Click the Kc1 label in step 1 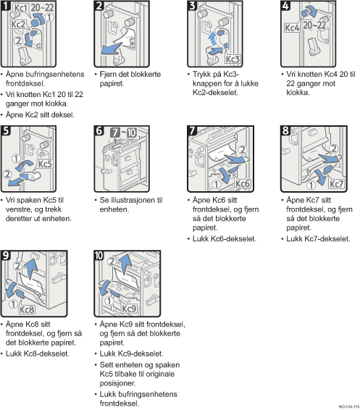(x=20, y=8)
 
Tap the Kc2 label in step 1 (x=18, y=25)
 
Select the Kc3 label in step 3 (x=233, y=59)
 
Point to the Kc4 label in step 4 (x=292, y=28)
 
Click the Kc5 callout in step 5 (x=45, y=164)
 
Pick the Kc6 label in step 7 (x=243, y=183)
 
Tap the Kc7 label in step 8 (x=336, y=184)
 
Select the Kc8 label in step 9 (x=27, y=309)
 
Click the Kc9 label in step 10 (x=129, y=309)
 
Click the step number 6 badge (x=99, y=130)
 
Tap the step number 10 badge (x=99, y=256)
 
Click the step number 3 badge (x=193, y=6)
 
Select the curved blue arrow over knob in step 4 (x=309, y=12)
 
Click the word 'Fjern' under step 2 (x=108, y=75)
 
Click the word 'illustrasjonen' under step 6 (x=133, y=201)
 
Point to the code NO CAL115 (x=349, y=406)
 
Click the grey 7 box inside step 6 (x=115, y=133)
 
